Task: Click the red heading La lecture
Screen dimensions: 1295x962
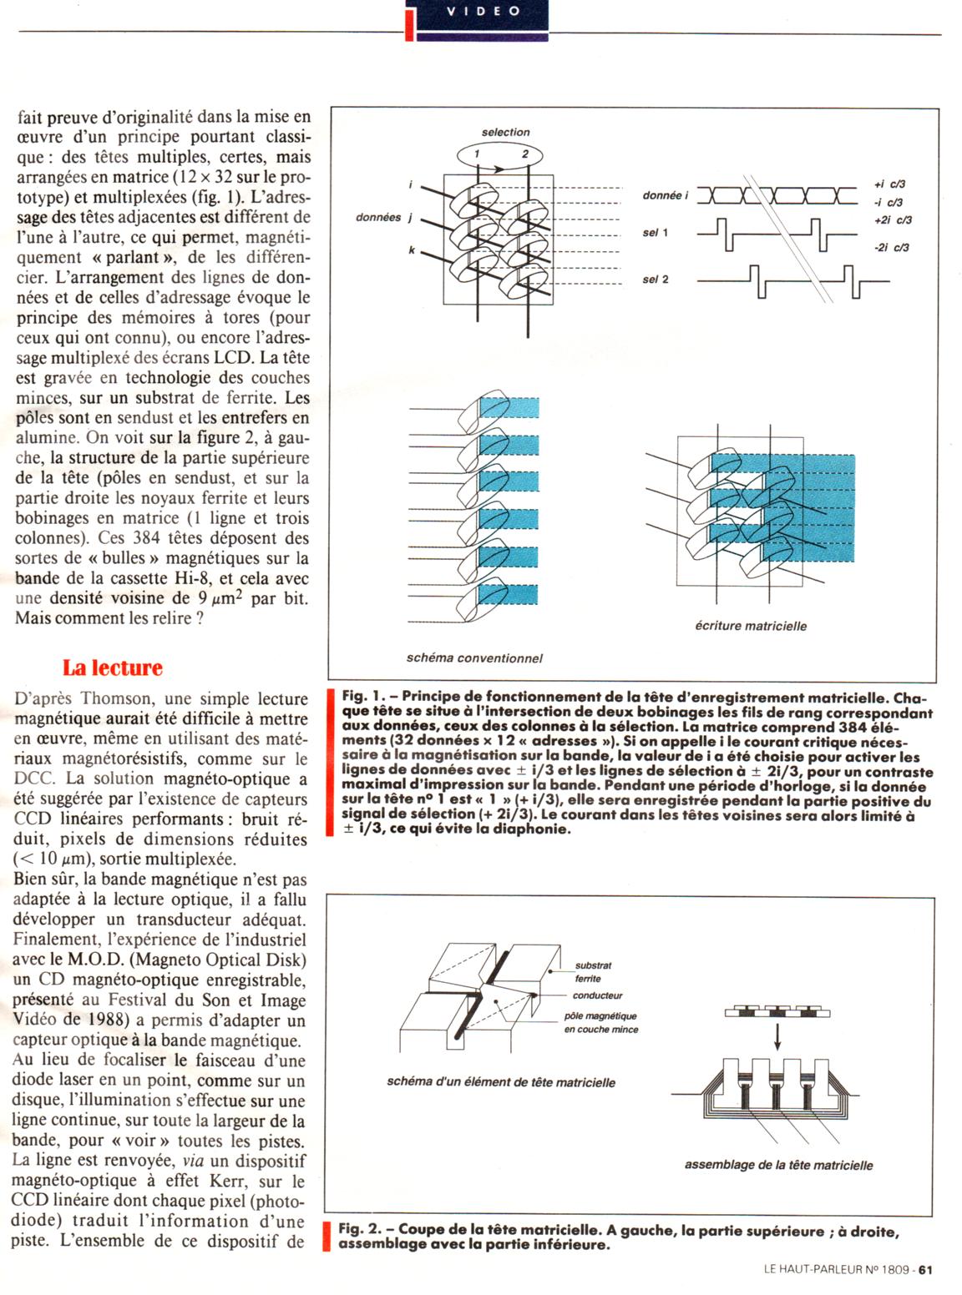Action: point(113,668)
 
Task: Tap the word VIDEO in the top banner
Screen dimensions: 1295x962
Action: point(484,11)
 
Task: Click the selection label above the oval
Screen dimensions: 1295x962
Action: point(505,132)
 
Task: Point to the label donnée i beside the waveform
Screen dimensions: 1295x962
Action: point(666,195)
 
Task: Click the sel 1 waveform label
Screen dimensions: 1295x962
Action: point(656,233)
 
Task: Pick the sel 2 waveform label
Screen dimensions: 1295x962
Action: point(656,280)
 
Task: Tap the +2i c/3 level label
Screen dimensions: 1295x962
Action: point(893,220)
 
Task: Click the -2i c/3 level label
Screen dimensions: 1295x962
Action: point(891,248)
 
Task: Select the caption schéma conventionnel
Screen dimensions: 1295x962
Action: point(474,658)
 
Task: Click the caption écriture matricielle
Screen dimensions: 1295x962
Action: point(751,626)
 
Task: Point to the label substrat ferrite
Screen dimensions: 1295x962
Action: point(593,972)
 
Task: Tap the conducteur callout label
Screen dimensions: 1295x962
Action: point(597,995)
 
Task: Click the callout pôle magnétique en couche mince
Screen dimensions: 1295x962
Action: point(600,1023)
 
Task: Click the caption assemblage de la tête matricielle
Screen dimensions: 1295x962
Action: point(778,1165)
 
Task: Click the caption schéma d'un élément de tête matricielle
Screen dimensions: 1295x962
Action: point(501,1082)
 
